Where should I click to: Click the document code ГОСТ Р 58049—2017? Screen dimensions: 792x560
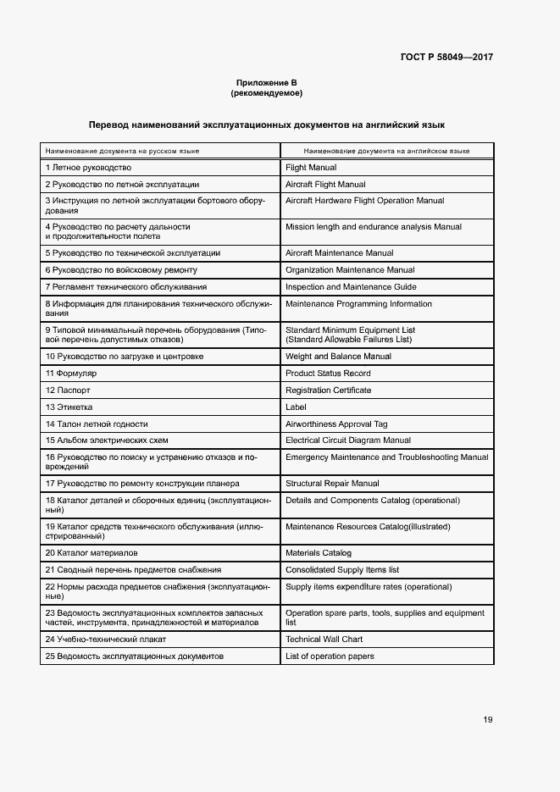pos(446,58)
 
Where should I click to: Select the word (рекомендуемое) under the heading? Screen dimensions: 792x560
pos(266,93)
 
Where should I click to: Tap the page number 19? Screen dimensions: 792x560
pos(488,720)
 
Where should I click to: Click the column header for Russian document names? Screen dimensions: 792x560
pos(122,150)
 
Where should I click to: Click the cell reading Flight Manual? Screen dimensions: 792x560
pos(311,168)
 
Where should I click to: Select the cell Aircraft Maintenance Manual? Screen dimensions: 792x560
pos(339,253)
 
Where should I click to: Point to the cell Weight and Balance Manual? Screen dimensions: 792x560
pos(338,357)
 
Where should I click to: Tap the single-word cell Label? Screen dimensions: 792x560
pos(296,407)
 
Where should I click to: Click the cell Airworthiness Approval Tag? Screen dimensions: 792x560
pos(336,424)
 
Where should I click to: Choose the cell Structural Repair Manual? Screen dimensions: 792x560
pos(332,484)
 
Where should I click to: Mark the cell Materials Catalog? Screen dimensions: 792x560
pos(319,552)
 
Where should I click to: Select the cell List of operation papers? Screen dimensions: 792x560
pos(330,656)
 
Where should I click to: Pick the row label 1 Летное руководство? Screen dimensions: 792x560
pos(88,168)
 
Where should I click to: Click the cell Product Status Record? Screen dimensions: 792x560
pos(328,374)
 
